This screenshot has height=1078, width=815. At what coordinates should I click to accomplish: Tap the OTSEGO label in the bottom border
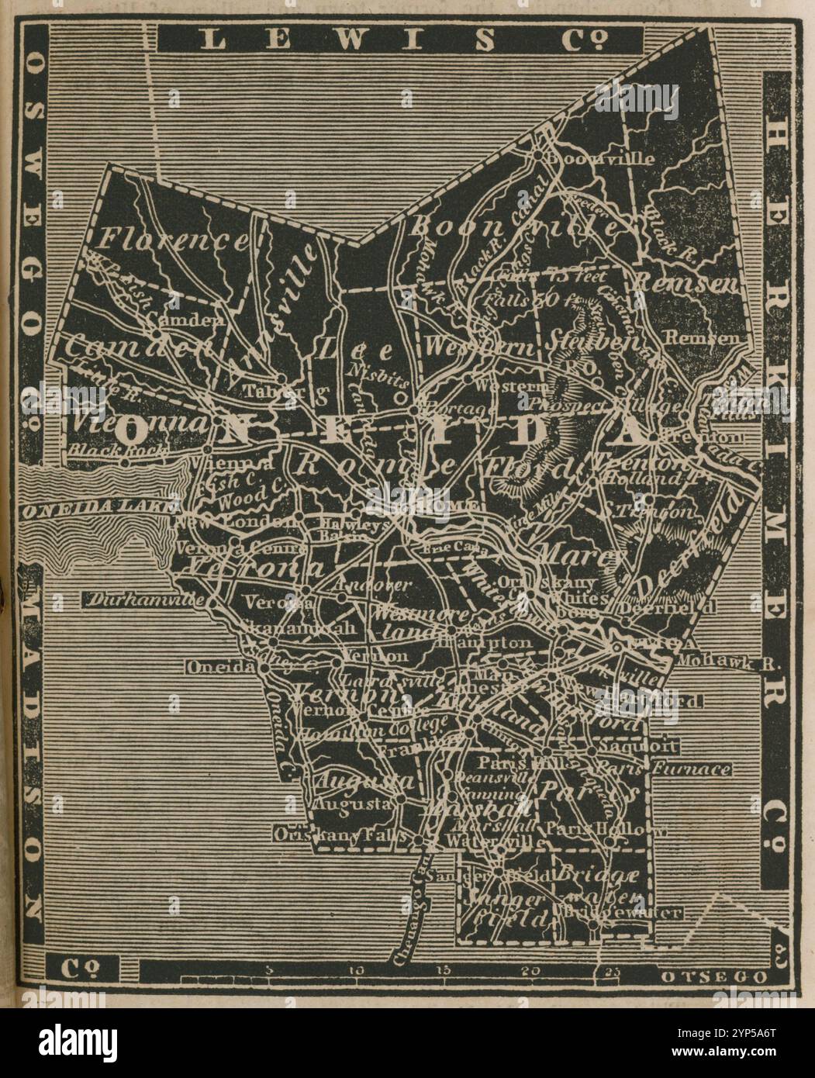pyautogui.click(x=713, y=977)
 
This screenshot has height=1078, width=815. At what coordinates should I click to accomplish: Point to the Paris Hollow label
pyautogui.click(x=605, y=829)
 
